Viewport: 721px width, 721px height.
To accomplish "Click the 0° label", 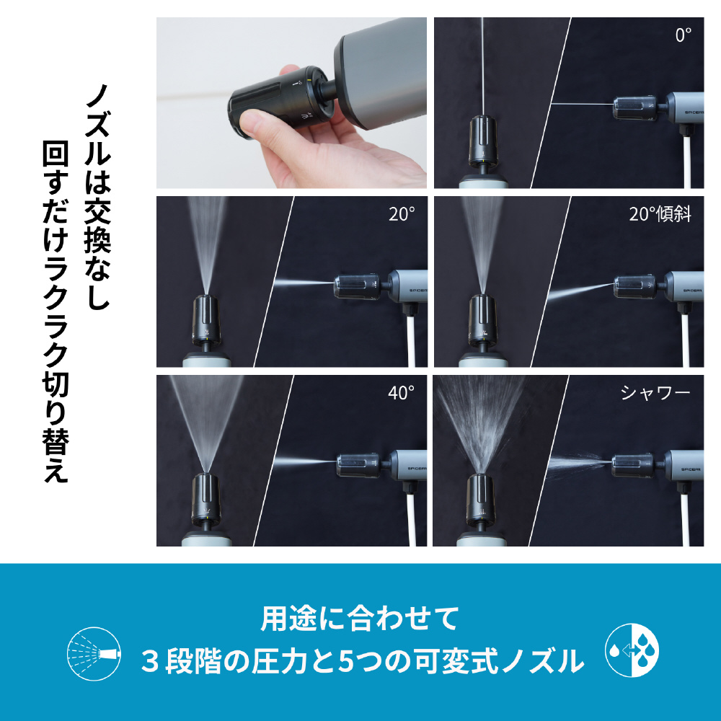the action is tap(684, 35).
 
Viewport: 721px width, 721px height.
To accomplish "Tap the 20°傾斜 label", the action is tap(660, 214).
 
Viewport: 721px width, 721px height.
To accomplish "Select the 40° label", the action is tap(402, 393).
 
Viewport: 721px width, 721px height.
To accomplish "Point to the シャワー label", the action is tap(655, 393).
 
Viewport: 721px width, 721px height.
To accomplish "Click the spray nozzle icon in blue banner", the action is tap(94, 653).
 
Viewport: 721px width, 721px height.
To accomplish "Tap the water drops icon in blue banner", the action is tap(632, 650).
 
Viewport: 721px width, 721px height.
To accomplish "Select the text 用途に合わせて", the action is tap(360, 619).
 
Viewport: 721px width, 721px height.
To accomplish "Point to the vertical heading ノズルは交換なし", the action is tap(97, 197).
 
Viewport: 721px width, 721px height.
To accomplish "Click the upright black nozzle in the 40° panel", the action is tap(205, 500).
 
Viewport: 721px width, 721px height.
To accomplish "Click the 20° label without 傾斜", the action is tap(402, 214).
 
